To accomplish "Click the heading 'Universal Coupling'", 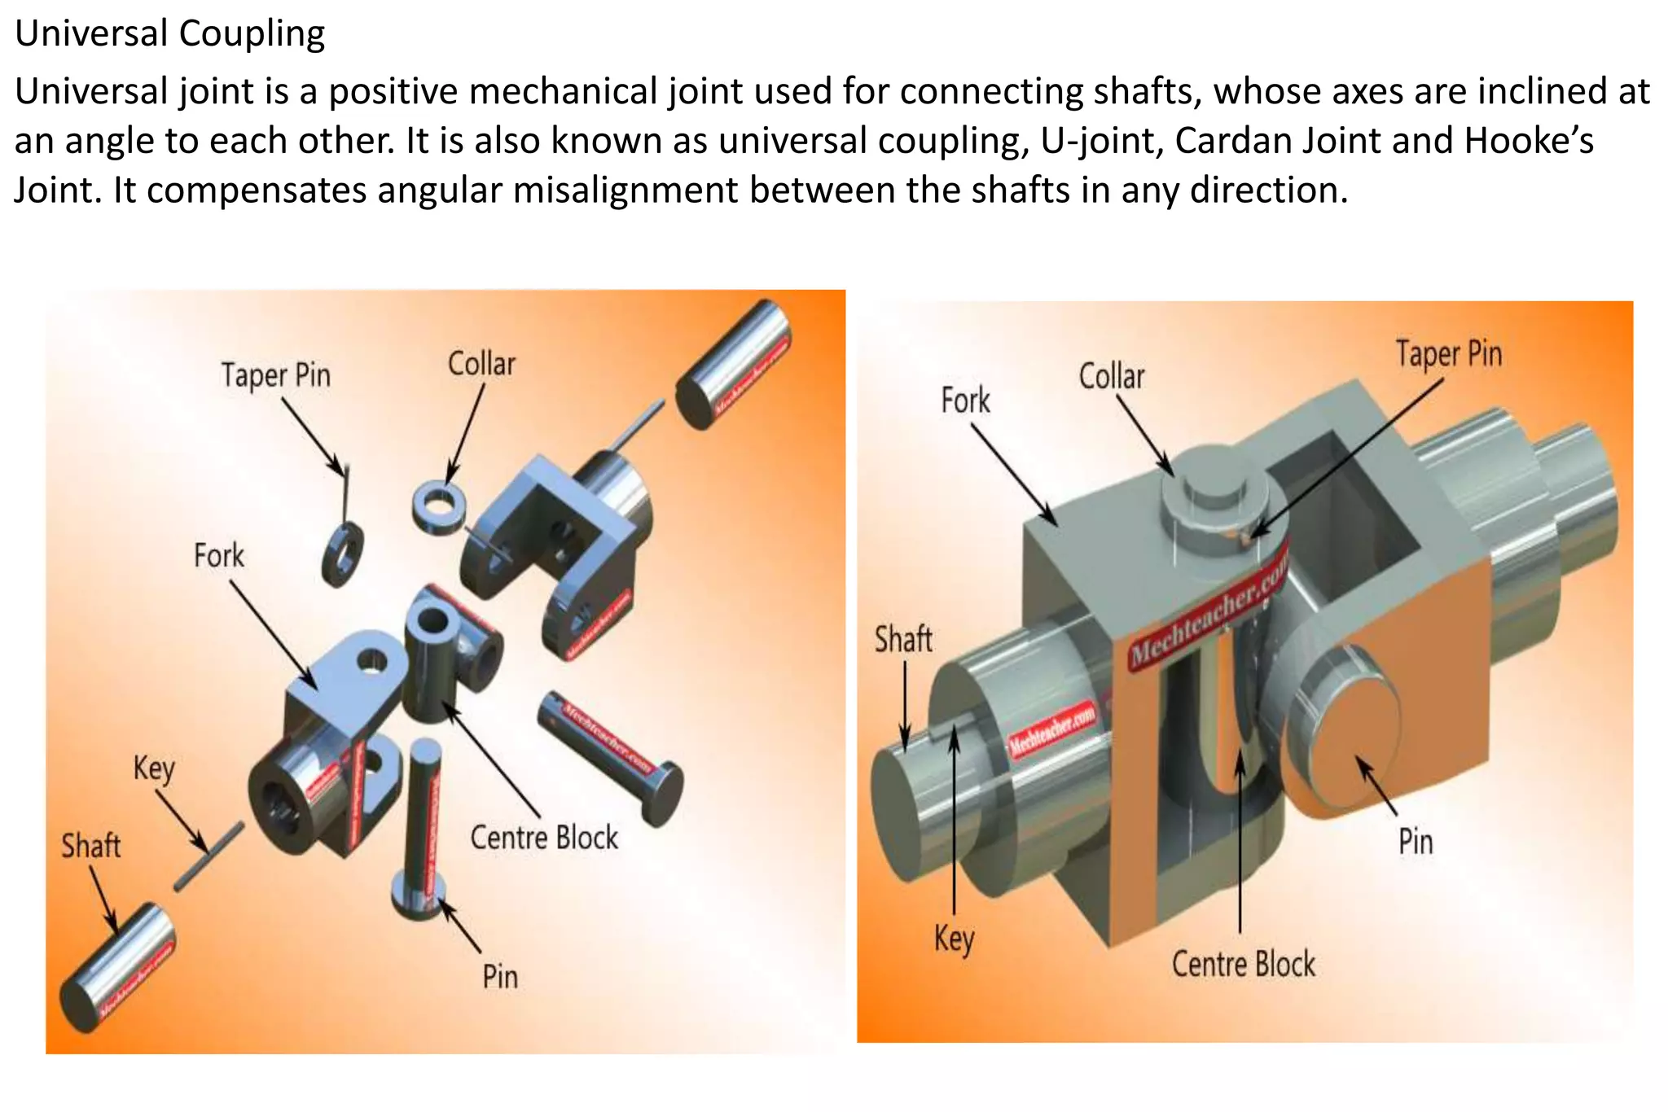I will pos(169,34).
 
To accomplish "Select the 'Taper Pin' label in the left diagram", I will pos(276,376).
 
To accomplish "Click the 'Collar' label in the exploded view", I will pos(481,364).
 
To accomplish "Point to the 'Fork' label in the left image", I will pos(218,556).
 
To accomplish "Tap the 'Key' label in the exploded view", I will pos(154,768).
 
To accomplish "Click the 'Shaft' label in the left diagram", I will pos(90,846).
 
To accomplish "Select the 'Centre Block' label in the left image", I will pos(544,838).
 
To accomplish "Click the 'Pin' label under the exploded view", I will pos(499,976).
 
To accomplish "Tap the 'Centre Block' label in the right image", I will pos(1243,964).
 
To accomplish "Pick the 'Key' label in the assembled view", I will pos(954,939).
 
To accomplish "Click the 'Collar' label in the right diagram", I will pos(1111,377).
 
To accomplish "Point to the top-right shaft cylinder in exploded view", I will pos(733,364).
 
